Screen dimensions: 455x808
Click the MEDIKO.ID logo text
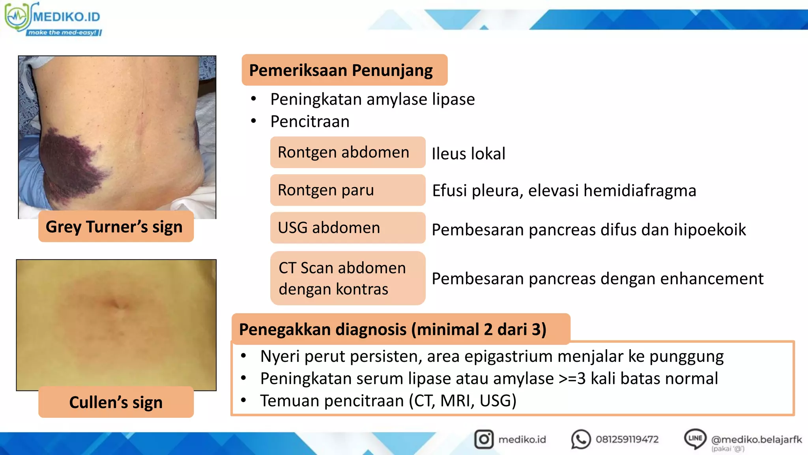pos(66,17)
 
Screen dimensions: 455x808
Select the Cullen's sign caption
pos(116,402)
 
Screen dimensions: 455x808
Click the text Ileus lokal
pos(468,154)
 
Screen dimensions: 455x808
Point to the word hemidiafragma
pos(640,190)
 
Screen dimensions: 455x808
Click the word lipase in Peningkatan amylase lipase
pos(453,99)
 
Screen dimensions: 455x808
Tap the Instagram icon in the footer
pos(484,439)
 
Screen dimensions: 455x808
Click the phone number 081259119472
pos(627,439)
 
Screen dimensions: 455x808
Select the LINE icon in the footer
pos(695,438)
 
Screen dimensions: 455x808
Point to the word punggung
pos(686,356)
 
